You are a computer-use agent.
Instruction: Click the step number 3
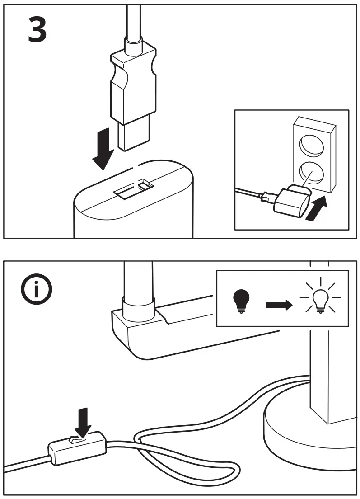click(x=37, y=29)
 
